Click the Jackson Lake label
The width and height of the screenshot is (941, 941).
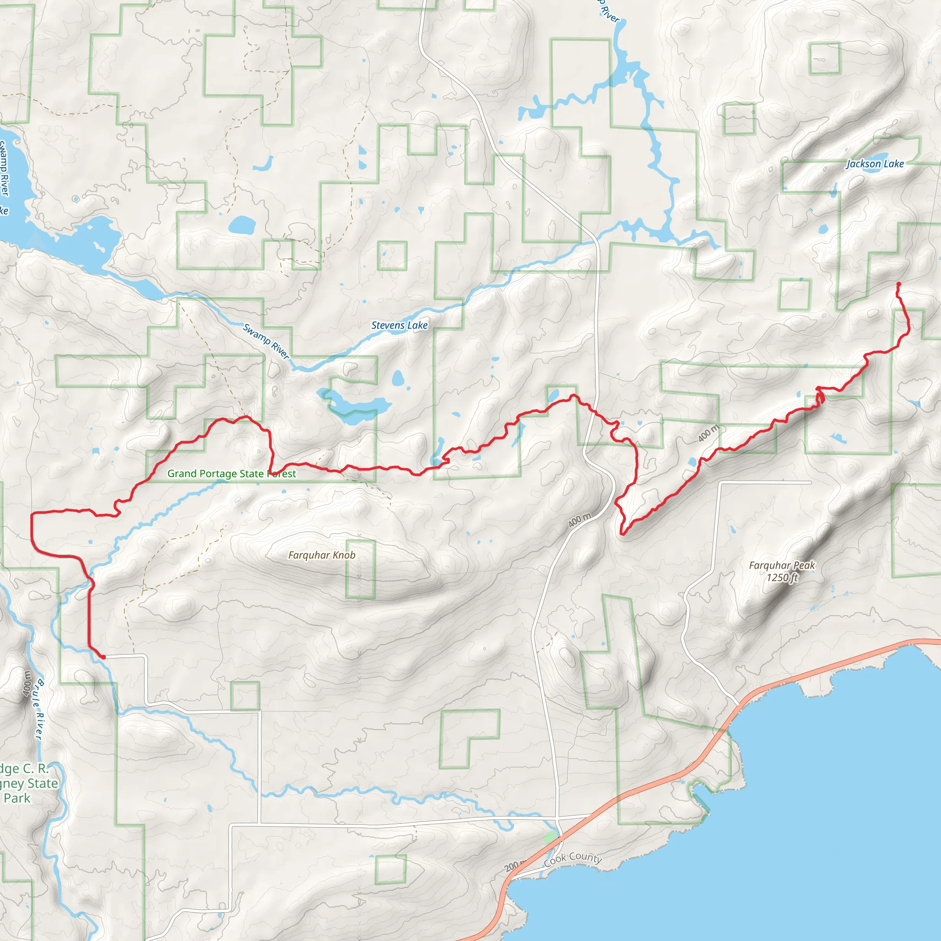point(875,164)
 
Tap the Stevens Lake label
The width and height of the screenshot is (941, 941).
point(399,325)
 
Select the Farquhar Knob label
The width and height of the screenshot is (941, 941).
point(322,555)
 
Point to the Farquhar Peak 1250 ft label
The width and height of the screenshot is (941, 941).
point(782,571)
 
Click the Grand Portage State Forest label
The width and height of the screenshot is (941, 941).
point(232,474)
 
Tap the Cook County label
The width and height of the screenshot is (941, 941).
point(573,859)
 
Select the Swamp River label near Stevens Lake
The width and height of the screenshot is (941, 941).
point(266,341)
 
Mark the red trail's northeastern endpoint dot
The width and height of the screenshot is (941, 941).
point(899,284)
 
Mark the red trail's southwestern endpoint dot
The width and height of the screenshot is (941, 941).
point(103,657)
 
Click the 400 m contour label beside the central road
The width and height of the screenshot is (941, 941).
point(579,520)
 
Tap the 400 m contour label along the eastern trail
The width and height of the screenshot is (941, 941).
point(708,433)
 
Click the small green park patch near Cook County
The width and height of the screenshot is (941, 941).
point(550,838)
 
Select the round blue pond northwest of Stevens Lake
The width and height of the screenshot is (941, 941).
point(242,226)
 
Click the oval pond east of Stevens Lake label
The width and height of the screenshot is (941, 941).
point(398,378)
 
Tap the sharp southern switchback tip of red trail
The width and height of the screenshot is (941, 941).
point(623,534)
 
